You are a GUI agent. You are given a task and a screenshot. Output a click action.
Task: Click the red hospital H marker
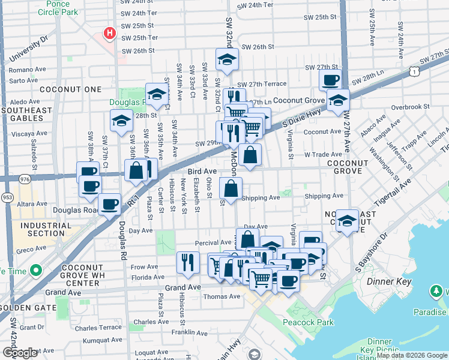click(109, 34)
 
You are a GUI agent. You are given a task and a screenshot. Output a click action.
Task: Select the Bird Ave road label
click(202, 172)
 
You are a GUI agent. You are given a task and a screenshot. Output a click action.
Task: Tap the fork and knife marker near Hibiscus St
click(188, 263)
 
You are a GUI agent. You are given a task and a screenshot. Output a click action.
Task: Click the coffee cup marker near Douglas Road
click(109, 205)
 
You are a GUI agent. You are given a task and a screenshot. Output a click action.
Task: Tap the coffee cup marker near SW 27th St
click(330, 80)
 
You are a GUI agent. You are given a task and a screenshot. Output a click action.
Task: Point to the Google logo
click(19, 353)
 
